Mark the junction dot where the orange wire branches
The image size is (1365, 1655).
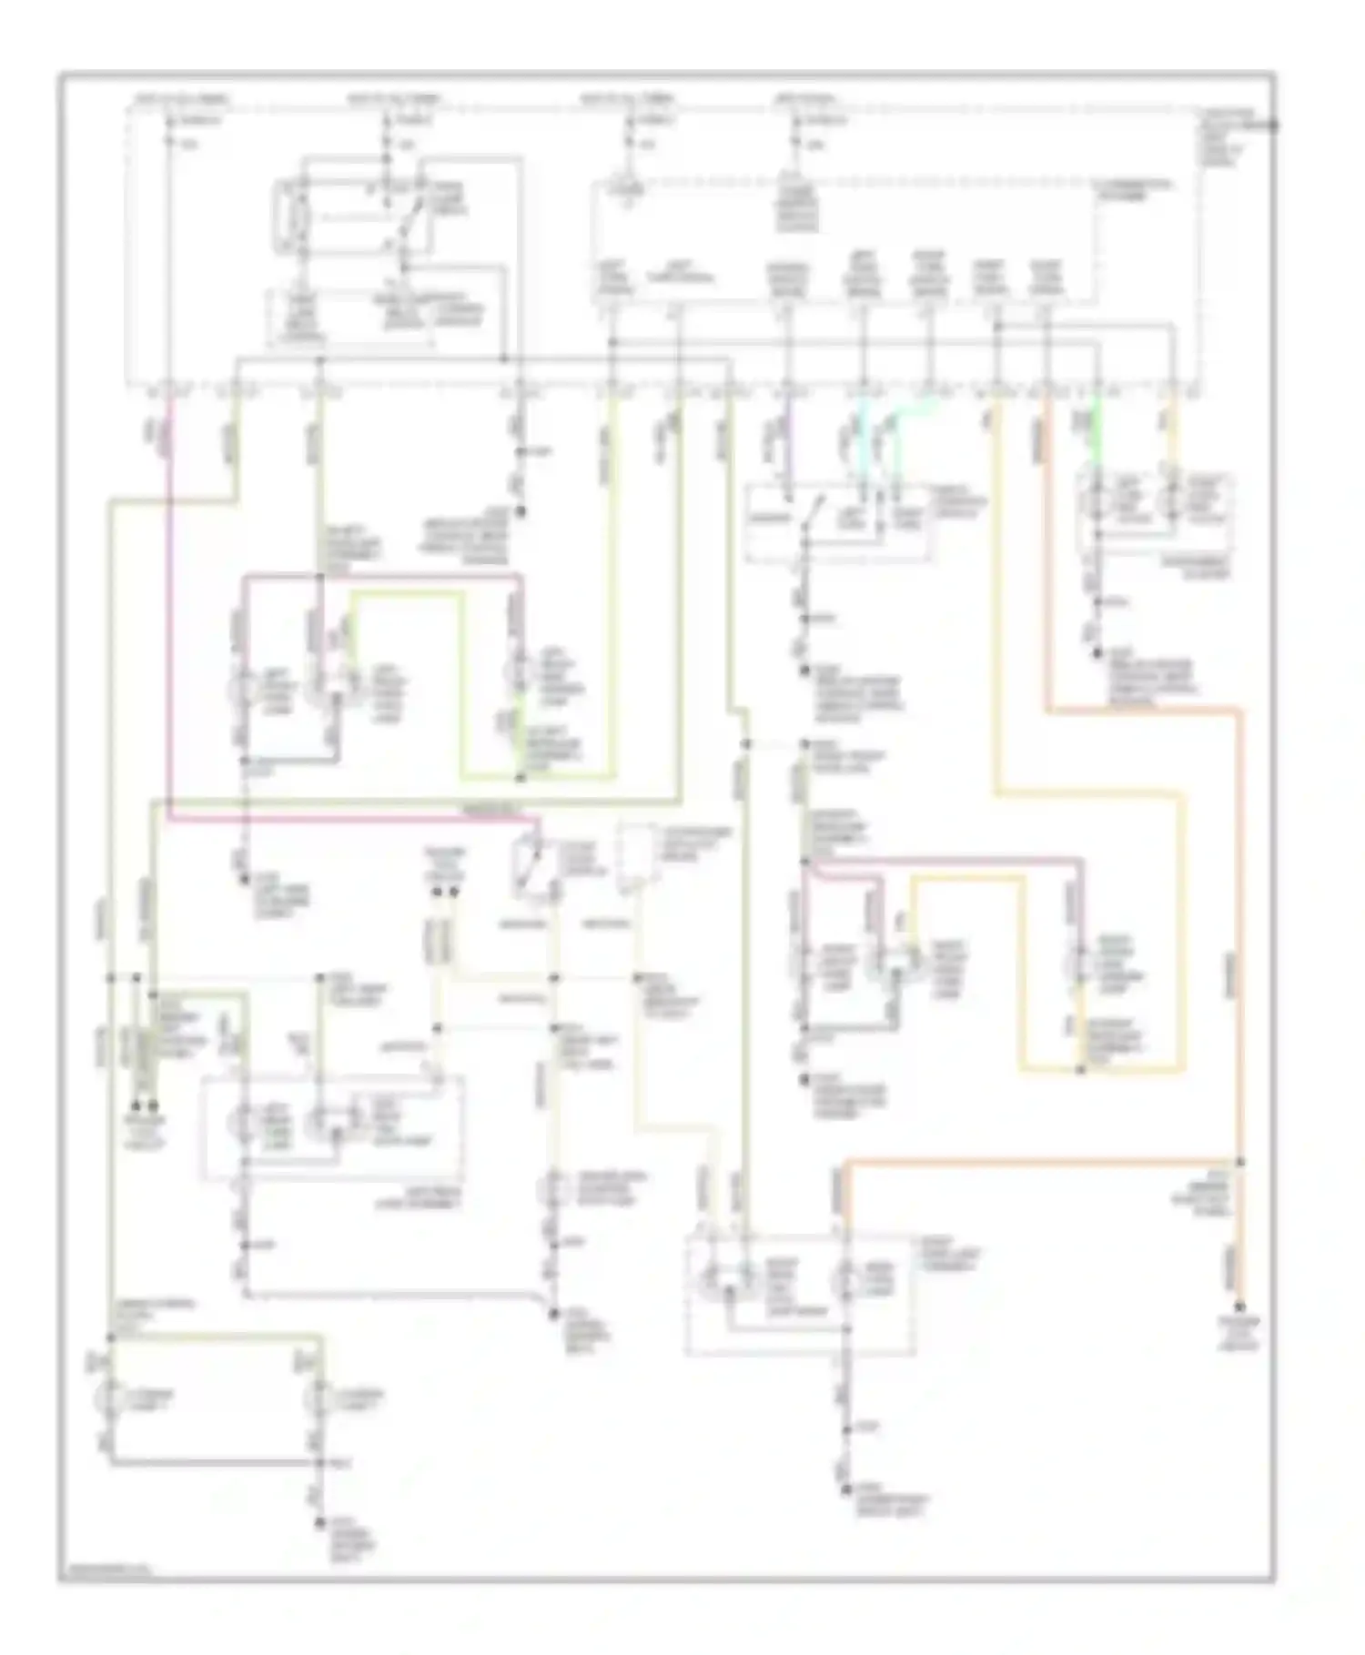click(x=1240, y=1162)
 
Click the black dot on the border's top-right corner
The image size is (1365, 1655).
click(x=1274, y=126)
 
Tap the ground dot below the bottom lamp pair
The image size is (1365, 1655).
click(x=319, y=1522)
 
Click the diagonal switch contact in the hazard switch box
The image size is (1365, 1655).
click(x=811, y=512)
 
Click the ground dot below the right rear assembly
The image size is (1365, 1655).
click(x=846, y=1489)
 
